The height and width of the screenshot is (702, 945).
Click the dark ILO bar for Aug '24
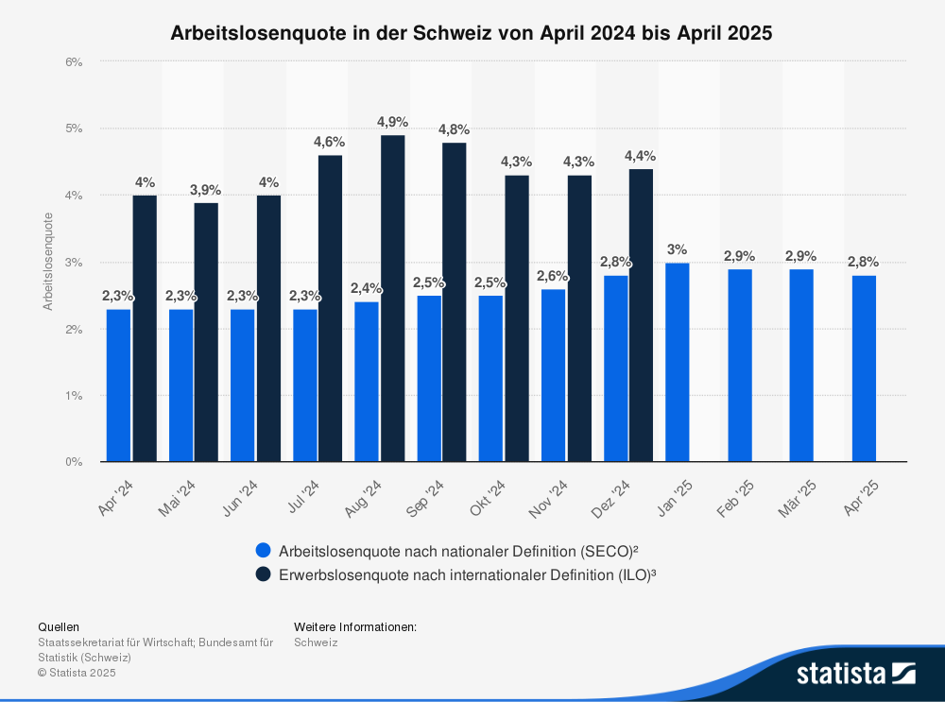point(393,299)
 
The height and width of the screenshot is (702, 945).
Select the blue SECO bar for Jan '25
point(677,363)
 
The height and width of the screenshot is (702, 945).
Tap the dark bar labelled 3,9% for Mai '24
point(206,333)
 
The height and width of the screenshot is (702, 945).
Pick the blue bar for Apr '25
point(863,368)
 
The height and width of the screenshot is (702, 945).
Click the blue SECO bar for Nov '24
point(553,376)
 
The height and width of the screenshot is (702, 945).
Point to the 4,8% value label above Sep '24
point(454,129)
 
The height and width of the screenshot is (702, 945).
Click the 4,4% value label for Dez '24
point(640,156)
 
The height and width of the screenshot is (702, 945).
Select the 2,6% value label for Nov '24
point(553,276)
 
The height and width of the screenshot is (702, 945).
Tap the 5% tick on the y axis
point(76,128)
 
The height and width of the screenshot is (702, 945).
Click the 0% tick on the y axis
point(76,462)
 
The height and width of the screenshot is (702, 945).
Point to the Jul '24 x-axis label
point(305,497)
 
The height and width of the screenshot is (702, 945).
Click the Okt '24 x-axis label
point(490,497)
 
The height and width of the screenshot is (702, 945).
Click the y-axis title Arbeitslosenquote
point(47,262)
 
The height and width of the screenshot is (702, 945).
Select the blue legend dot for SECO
point(263,550)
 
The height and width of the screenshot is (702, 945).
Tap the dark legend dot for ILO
point(263,574)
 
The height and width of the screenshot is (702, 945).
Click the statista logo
point(855,674)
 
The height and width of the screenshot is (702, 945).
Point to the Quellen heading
point(59,626)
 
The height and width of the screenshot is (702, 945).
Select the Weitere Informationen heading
point(355,626)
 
